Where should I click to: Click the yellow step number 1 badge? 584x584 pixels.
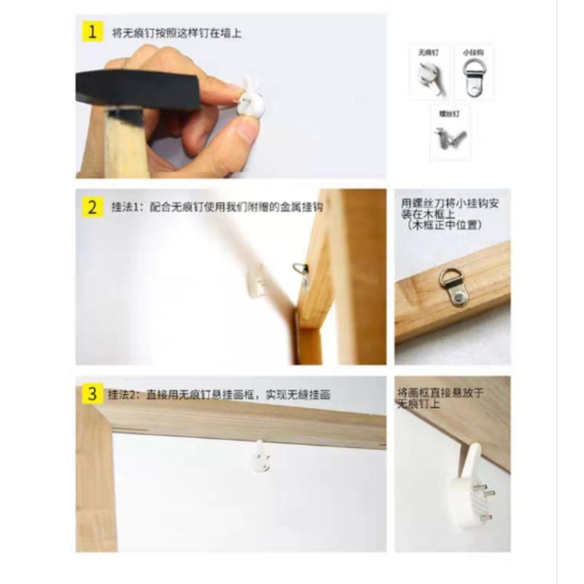pyautogui.click(x=91, y=32)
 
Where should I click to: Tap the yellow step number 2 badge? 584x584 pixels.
pyautogui.click(x=91, y=207)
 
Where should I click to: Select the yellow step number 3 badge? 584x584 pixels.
pyautogui.click(x=91, y=394)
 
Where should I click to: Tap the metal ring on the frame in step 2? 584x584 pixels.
pyautogui.click(x=301, y=271)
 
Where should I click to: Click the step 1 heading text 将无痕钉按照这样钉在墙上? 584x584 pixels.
pyautogui.click(x=176, y=33)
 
